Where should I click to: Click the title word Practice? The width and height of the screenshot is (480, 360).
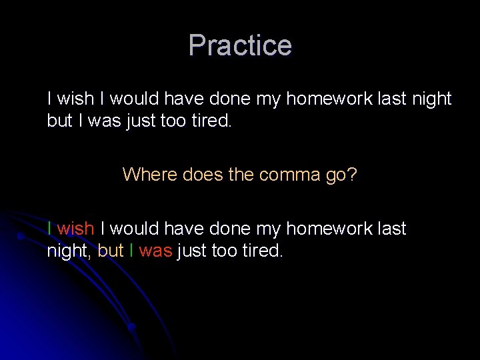240,45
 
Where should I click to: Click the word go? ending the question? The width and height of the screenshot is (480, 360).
341,176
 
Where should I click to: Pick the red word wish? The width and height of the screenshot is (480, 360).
75,229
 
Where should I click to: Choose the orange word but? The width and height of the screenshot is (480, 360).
111,251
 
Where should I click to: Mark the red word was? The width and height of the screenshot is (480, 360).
155,251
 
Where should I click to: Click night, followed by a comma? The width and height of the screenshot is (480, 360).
70,252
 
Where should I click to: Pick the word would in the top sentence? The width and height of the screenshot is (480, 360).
134,99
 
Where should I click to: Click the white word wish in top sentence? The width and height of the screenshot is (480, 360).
75,99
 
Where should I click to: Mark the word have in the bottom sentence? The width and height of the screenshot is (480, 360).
183,229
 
